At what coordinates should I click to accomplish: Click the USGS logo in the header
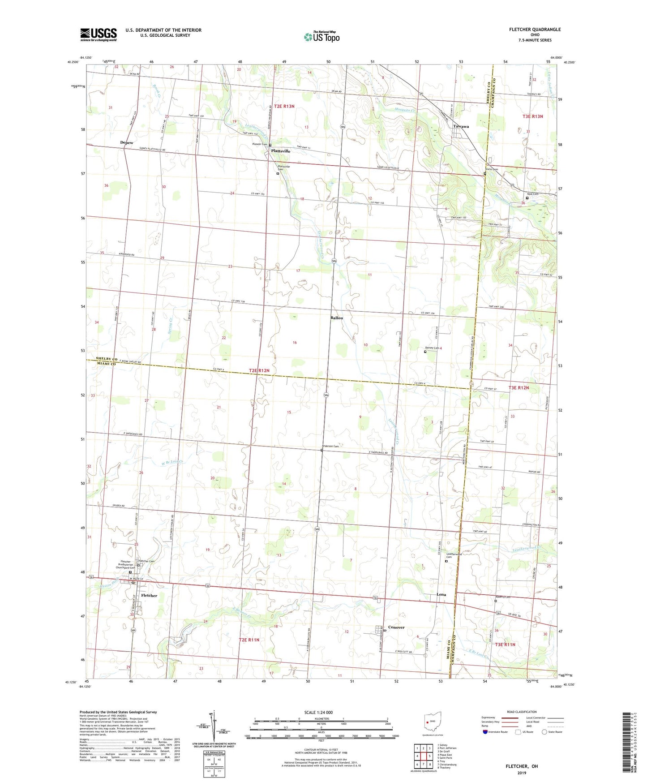tap(99, 34)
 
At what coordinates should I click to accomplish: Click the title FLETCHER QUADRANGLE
tap(535, 30)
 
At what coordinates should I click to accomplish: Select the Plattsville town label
tap(281, 151)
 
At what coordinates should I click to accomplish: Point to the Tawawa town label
tap(461, 126)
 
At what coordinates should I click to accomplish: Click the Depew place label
tap(127, 142)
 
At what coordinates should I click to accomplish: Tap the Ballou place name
tap(337, 318)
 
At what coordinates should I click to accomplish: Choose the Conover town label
tap(396, 627)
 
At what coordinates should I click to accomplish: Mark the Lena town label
tap(441, 594)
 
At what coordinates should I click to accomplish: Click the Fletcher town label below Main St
tap(149, 596)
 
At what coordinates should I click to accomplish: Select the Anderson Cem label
tap(334, 446)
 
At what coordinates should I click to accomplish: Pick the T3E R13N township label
tap(532, 116)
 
